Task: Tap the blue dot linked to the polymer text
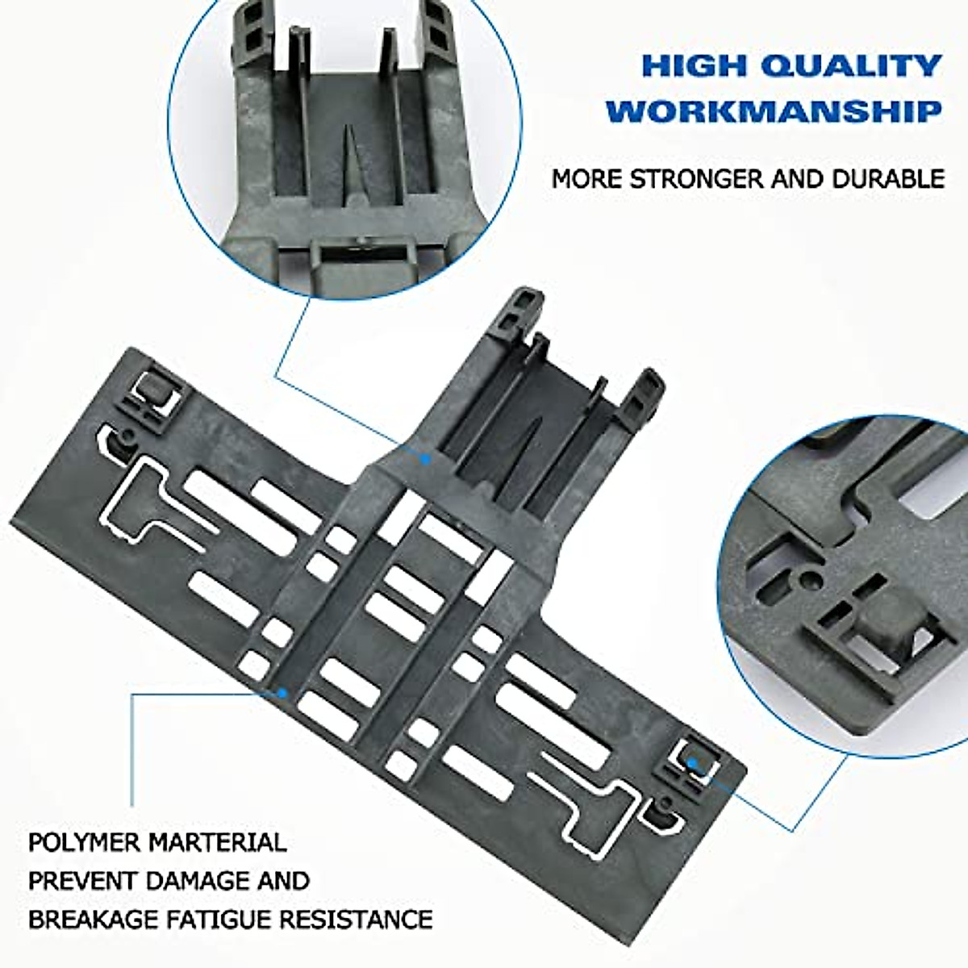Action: (x=282, y=692)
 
